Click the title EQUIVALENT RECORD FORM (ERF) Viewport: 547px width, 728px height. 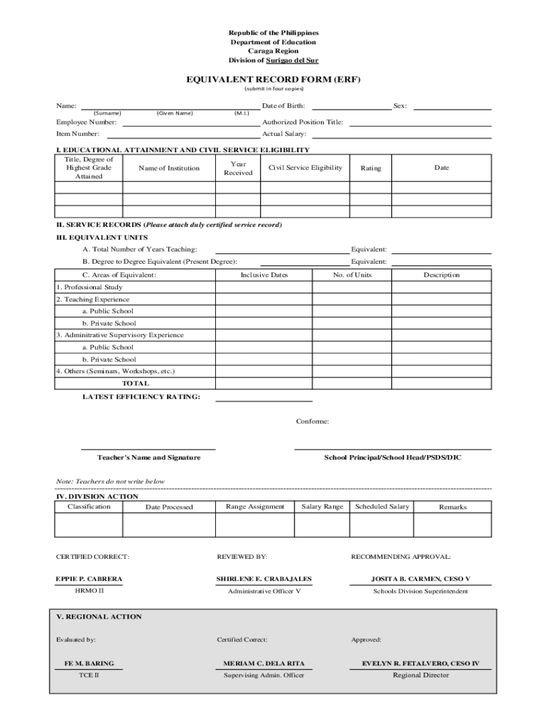(x=273, y=80)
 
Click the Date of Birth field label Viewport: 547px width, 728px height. (x=283, y=106)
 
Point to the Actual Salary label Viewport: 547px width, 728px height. (x=284, y=134)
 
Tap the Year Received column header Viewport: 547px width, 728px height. (x=238, y=168)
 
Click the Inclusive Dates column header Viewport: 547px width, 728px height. (x=264, y=275)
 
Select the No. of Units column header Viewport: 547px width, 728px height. (x=352, y=275)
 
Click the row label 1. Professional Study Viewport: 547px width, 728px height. (x=90, y=287)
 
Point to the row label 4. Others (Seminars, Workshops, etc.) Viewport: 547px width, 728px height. (x=115, y=371)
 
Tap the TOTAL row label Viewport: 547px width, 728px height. (x=136, y=383)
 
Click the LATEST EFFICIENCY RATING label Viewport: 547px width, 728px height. (x=141, y=397)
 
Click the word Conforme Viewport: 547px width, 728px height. (x=313, y=422)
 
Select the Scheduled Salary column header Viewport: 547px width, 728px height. (x=382, y=506)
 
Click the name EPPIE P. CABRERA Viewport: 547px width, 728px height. (x=89, y=579)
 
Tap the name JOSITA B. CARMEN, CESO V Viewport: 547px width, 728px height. (x=421, y=579)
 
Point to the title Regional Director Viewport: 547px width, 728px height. (x=421, y=675)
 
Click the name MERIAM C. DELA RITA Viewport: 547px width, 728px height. (x=264, y=663)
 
